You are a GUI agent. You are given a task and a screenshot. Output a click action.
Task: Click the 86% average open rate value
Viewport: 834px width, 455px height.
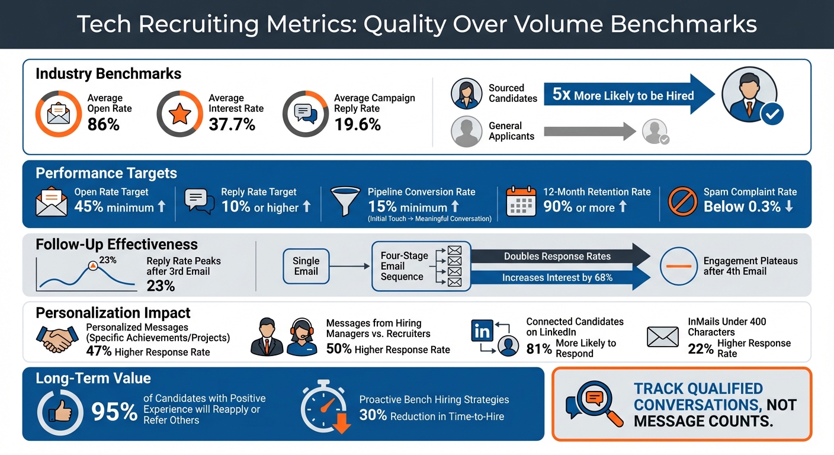[104, 124]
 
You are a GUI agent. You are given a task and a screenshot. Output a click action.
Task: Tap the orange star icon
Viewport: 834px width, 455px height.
[179, 114]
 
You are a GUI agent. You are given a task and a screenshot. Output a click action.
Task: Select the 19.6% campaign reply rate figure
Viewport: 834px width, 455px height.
[357, 124]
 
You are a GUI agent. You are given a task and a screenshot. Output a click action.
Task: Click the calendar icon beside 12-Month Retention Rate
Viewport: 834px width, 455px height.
[521, 201]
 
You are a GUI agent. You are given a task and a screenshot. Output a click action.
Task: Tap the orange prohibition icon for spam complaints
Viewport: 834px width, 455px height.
[682, 201]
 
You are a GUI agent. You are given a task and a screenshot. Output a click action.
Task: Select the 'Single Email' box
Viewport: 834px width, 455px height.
[306, 266]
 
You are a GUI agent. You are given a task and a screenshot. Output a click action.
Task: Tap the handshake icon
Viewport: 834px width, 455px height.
[57, 338]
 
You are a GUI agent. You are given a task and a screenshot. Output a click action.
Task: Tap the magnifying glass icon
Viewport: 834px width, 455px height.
[595, 403]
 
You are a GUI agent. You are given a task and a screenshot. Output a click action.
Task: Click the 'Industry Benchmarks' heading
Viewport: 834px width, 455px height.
[108, 74]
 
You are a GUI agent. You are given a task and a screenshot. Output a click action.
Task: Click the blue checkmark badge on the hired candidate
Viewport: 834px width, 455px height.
[771, 114]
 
